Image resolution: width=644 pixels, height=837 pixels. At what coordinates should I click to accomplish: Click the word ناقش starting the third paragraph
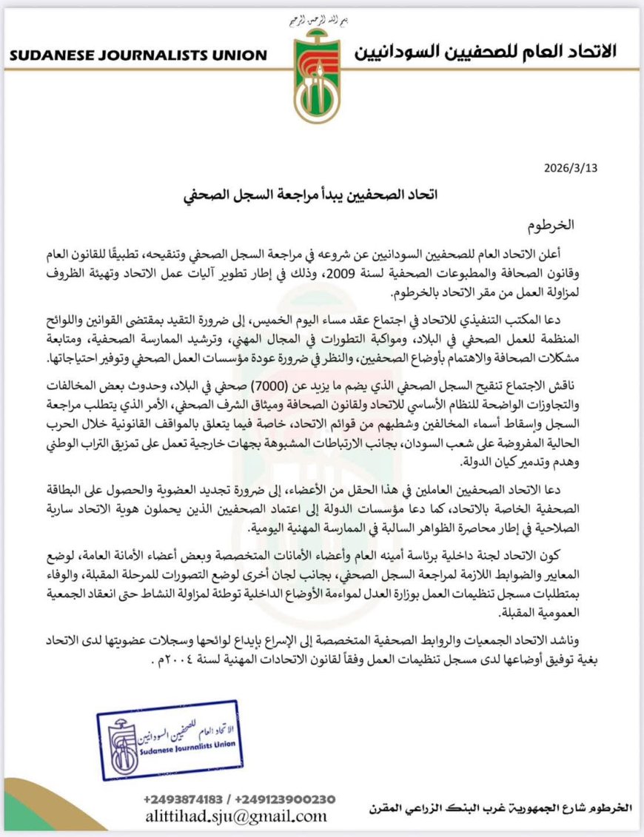580,389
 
